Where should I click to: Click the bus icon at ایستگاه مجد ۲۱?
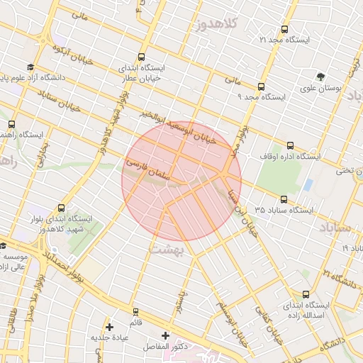(x=285, y=30)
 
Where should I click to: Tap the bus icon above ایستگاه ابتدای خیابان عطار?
(x=142, y=57)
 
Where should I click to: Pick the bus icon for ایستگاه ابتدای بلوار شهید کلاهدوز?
(x=61, y=208)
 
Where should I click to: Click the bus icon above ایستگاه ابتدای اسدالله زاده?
(x=306, y=294)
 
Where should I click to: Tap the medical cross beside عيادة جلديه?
(x=109, y=327)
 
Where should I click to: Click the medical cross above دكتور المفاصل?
(x=166, y=335)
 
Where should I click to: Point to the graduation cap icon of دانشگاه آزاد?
(x=30, y=67)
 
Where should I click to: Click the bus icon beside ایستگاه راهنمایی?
(x=11, y=123)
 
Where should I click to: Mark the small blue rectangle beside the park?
(x=308, y=185)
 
